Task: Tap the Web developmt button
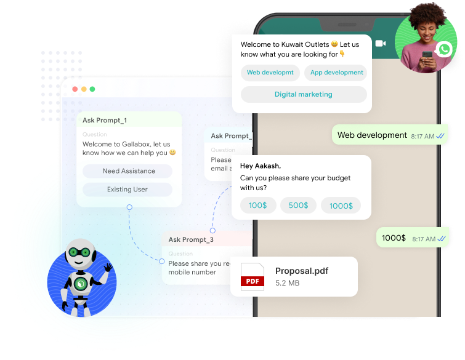click(270, 73)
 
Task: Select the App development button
click(336, 73)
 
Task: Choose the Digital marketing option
click(303, 95)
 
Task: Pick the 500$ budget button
click(298, 206)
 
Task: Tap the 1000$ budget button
click(341, 206)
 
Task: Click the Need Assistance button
click(129, 171)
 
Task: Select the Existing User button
click(127, 190)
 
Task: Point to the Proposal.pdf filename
click(302, 271)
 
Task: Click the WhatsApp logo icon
click(443, 50)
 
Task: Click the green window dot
click(92, 89)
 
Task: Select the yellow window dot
click(84, 89)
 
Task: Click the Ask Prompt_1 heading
click(105, 121)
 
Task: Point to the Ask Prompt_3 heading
click(191, 239)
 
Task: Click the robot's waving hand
click(108, 269)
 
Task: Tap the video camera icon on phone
click(380, 43)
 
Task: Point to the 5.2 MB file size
click(287, 283)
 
